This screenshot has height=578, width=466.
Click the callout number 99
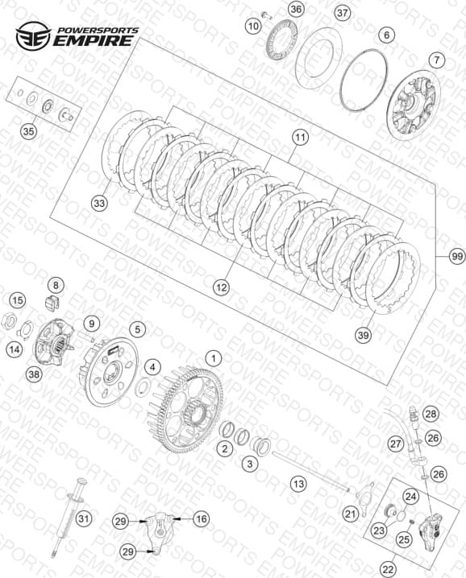point(457,256)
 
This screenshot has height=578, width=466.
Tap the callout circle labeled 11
point(300,138)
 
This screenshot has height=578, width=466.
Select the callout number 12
point(222,287)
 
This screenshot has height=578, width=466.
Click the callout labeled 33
point(99,203)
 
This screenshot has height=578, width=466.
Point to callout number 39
point(364,335)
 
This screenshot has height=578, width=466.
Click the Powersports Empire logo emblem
point(33,35)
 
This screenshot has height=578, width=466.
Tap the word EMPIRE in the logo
point(93,40)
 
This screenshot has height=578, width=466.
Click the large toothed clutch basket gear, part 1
point(189,409)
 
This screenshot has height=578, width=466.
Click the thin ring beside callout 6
point(364,80)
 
